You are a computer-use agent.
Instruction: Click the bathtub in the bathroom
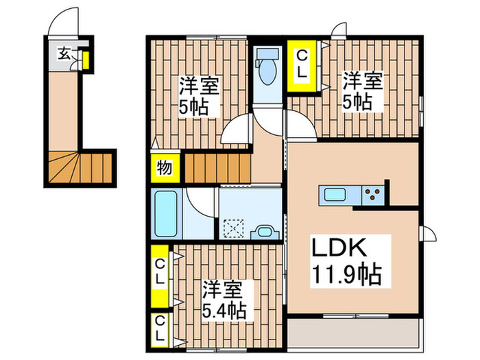(166, 212)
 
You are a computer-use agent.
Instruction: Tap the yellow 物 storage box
(165, 167)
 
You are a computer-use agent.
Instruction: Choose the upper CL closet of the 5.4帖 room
(160, 274)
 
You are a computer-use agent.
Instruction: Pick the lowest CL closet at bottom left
(160, 329)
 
